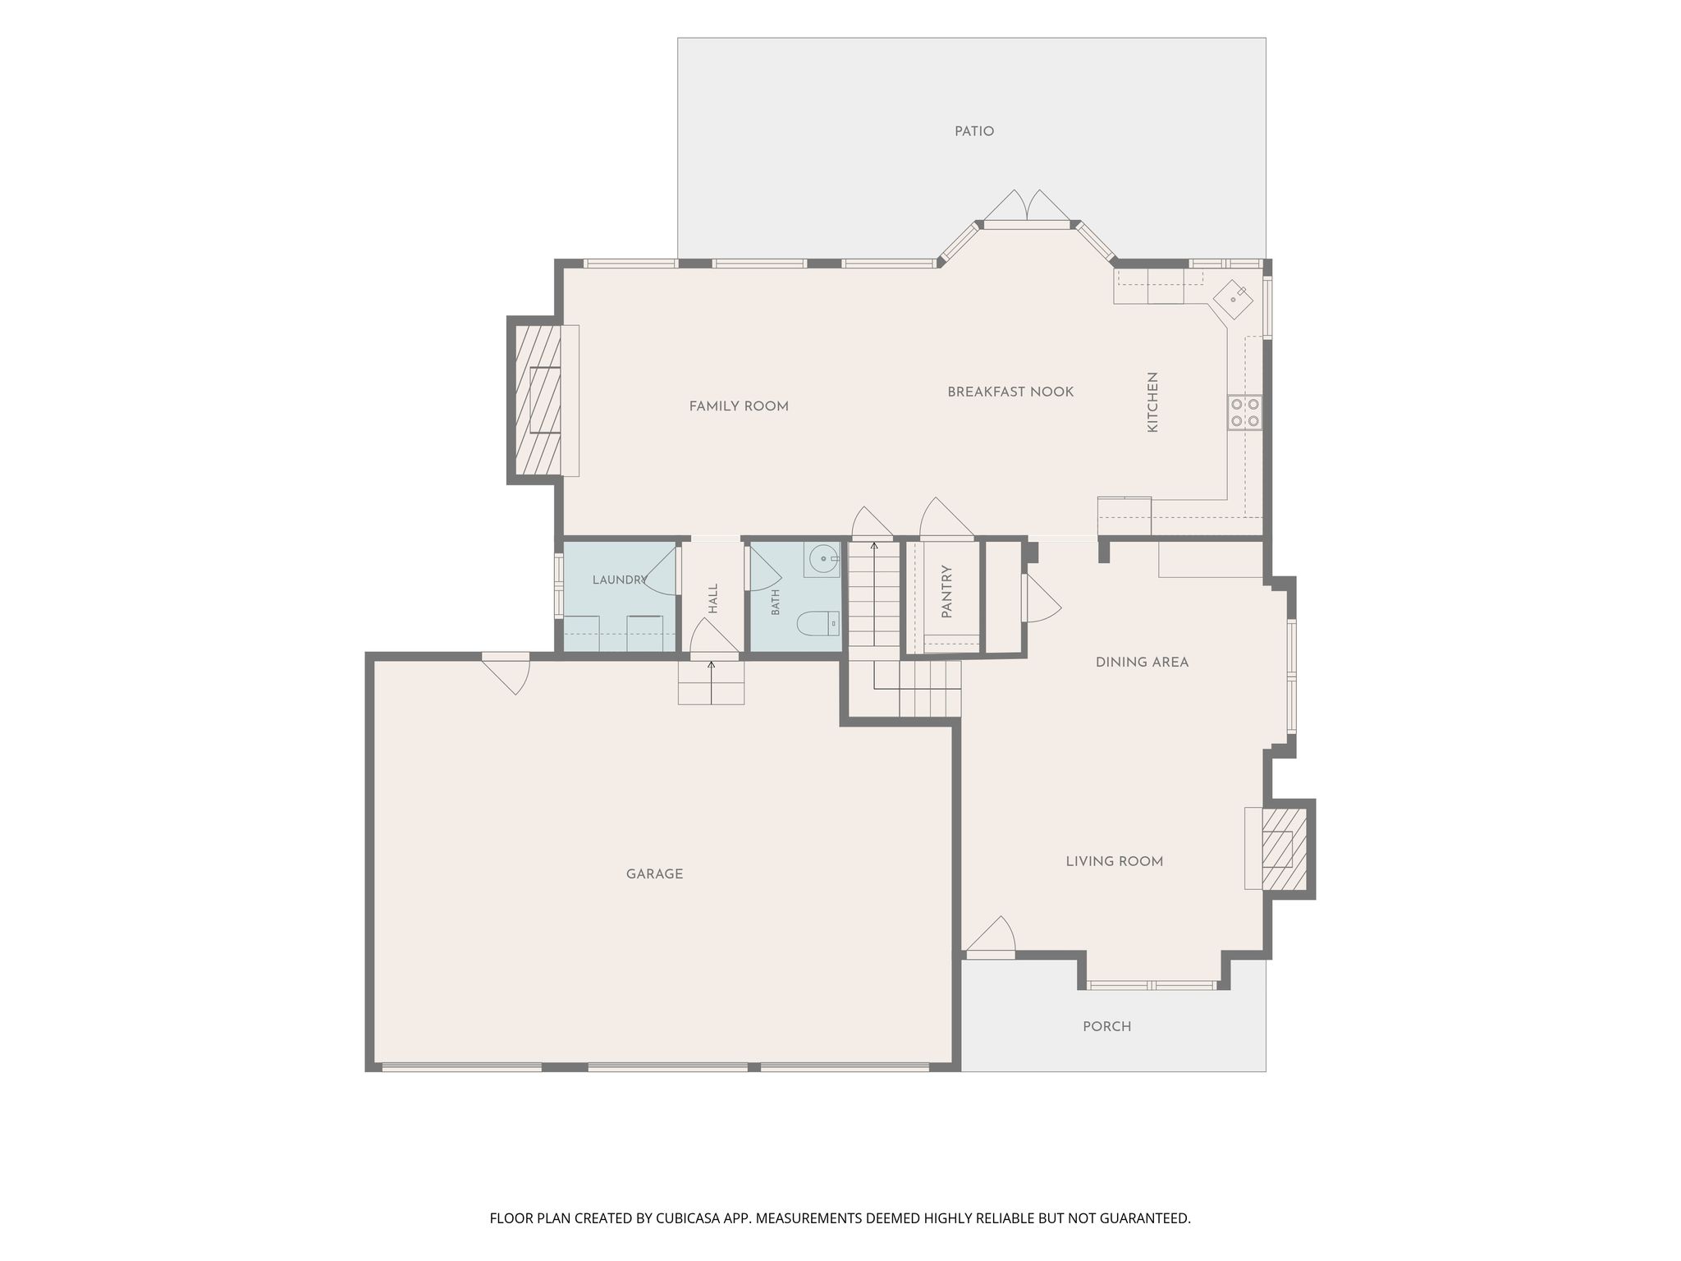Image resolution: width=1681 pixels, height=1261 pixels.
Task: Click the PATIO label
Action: [x=974, y=131]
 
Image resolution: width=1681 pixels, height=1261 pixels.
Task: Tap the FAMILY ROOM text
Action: [x=739, y=406]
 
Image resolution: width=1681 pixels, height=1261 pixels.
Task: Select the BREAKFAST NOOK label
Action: [x=1010, y=392]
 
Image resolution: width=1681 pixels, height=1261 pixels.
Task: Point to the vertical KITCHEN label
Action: [x=1152, y=402]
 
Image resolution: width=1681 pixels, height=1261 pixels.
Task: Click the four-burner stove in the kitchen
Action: [x=1244, y=412]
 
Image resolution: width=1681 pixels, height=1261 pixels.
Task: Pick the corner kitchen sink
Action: [x=1234, y=298]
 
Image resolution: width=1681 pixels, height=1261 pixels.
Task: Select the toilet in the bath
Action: [x=818, y=625]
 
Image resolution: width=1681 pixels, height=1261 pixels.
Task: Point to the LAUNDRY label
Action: [x=620, y=580]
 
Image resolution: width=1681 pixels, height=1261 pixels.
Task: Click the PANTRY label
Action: [x=946, y=591]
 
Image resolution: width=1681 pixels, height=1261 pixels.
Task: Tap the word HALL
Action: [x=713, y=598]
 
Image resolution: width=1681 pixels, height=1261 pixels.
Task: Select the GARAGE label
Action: [x=654, y=874]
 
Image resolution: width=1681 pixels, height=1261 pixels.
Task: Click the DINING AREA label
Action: [x=1142, y=663]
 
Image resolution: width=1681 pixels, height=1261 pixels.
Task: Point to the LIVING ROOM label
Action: [x=1115, y=861]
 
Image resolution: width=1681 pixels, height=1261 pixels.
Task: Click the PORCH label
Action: [x=1107, y=1026]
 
